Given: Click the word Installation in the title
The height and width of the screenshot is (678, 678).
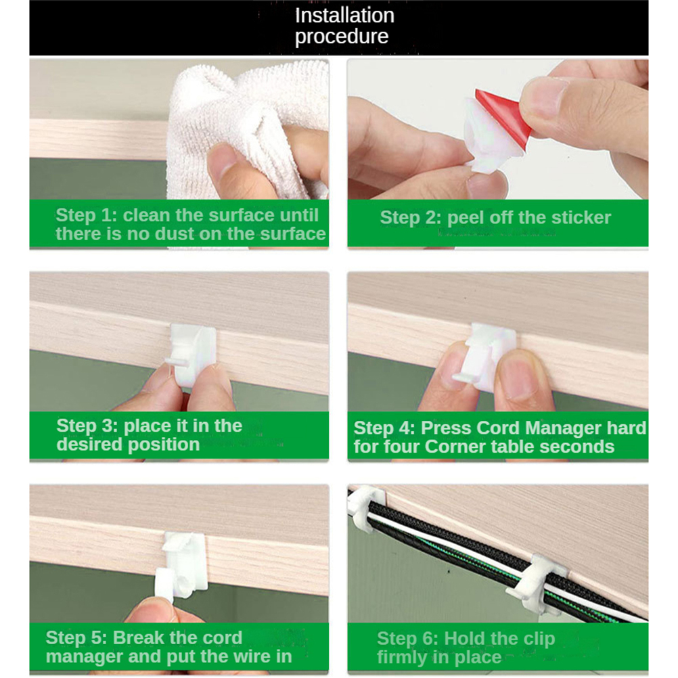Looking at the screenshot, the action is (344, 16).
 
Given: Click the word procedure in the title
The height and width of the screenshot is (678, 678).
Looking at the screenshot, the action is (342, 37).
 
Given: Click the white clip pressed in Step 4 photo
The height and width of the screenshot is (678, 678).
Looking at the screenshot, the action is (487, 356).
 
